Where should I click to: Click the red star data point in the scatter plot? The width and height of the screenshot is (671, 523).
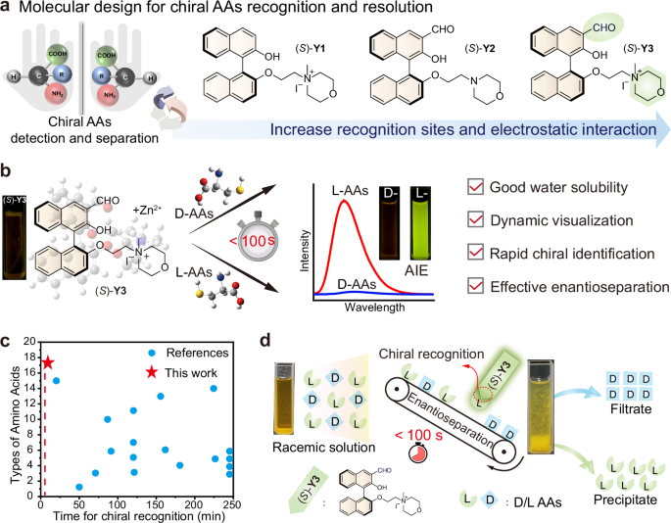[47, 364]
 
